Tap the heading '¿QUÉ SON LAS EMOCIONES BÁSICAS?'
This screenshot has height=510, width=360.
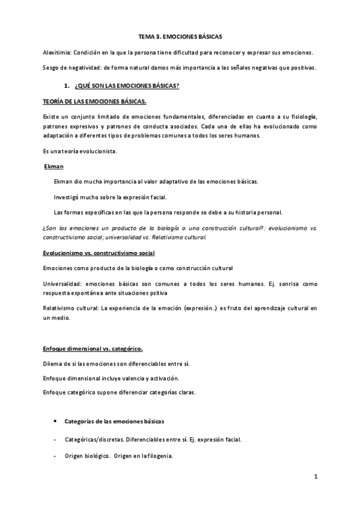pos(131,86)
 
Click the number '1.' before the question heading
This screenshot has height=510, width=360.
pos(75,86)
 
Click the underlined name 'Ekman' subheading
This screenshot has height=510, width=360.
pos(55,165)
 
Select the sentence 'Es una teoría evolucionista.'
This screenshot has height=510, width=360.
pos(80,150)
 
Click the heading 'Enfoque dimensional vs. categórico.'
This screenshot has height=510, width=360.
pos(93,348)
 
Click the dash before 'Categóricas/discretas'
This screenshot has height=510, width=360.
pos(55,440)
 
